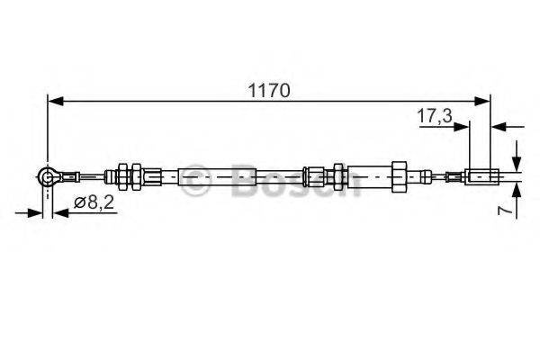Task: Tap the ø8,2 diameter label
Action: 92,204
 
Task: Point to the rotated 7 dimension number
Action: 507,209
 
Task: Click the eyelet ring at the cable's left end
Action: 48,178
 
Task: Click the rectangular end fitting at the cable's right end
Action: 481,176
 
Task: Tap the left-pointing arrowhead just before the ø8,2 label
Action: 58,213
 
